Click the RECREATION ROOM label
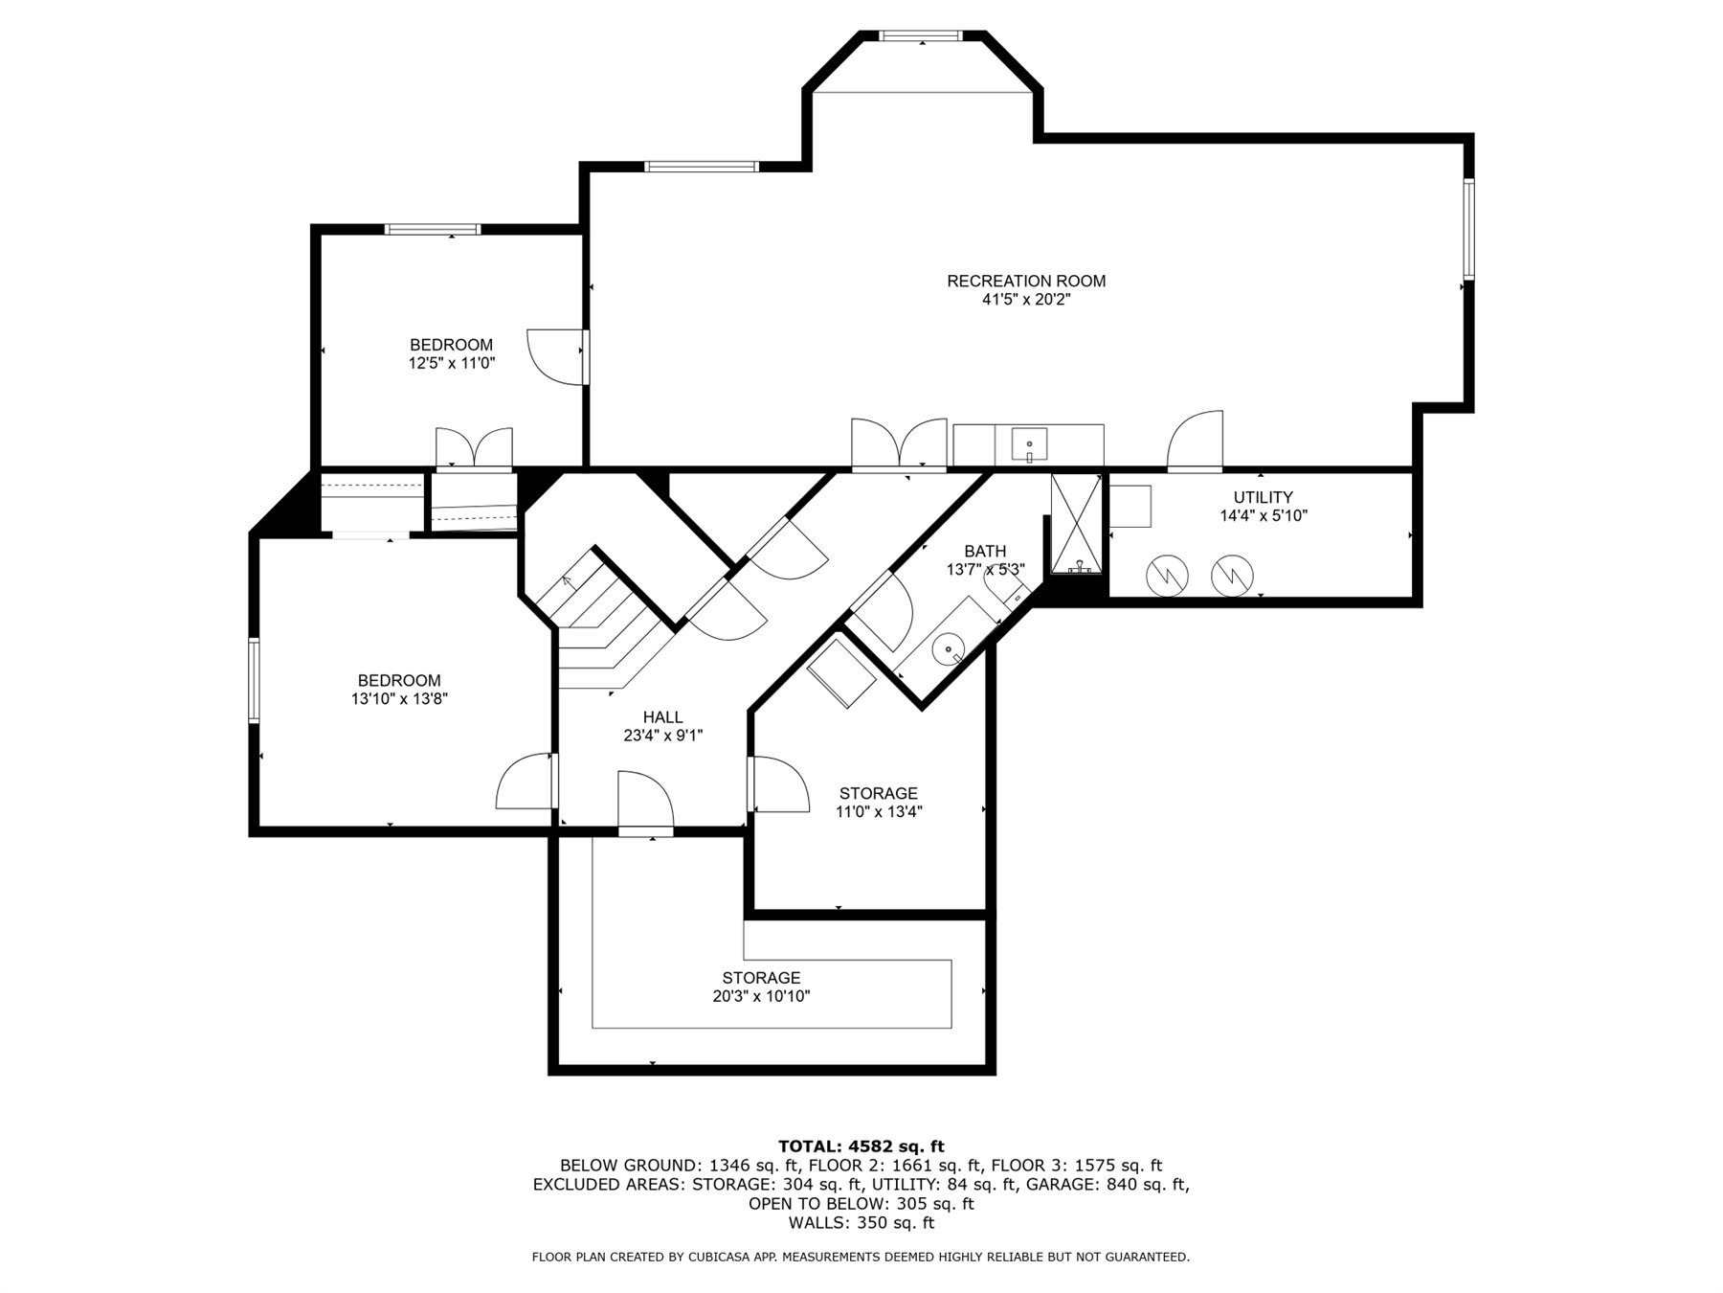[1026, 281]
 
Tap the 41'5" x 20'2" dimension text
[1026, 300]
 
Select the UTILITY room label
[1263, 497]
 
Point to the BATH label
[985, 551]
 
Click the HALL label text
[662, 717]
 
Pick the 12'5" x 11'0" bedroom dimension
[451, 363]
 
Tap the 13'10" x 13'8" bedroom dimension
[399, 699]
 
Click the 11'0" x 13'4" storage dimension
[879, 812]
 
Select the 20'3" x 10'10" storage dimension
[761, 996]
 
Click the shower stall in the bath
[1077, 523]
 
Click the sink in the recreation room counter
[1028, 445]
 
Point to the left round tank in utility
[1167, 575]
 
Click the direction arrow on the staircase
[567, 579]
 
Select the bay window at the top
[920, 36]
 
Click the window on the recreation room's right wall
[1466, 228]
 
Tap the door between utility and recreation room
[1196, 442]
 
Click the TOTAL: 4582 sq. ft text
[861, 1146]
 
